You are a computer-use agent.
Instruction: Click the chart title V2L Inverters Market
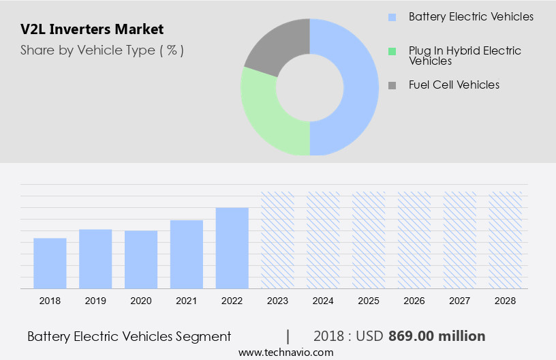pyautogui.click(x=92, y=29)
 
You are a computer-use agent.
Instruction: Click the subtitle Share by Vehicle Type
pyautogui.click(x=102, y=50)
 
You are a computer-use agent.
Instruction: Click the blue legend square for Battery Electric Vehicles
pyautogui.click(x=392, y=17)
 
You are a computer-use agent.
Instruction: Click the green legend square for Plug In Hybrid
pyautogui.click(x=392, y=51)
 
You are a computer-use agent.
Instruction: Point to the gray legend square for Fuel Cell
pyautogui.click(x=392, y=85)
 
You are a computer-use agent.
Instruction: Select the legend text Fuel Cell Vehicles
pyautogui.click(x=454, y=85)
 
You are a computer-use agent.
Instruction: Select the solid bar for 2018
pyautogui.click(x=50, y=263)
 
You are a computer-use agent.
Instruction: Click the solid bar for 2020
pyautogui.click(x=141, y=259)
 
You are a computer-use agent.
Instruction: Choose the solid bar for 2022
pyautogui.click(x=232, y=247)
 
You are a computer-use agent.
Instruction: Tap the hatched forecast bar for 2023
pyautogui.click(x=278, y=240)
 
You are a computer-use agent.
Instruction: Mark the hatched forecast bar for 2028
pyautogui.click(x=506, y=240)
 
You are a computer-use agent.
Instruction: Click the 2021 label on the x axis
pyautogui.click(x=187, y=301)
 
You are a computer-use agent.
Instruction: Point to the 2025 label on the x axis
pyautogui.click(x=369, y=301)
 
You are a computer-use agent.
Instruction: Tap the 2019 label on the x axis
pyautogui.click(x=95, y=301)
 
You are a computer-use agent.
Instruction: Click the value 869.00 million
pyautogui.click(x=437, y=336)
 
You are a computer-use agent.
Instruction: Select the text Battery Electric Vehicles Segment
pyautogui.click(x=129, y=336)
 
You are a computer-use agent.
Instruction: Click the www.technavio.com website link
pyautogui.click(x=285, y=352)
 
